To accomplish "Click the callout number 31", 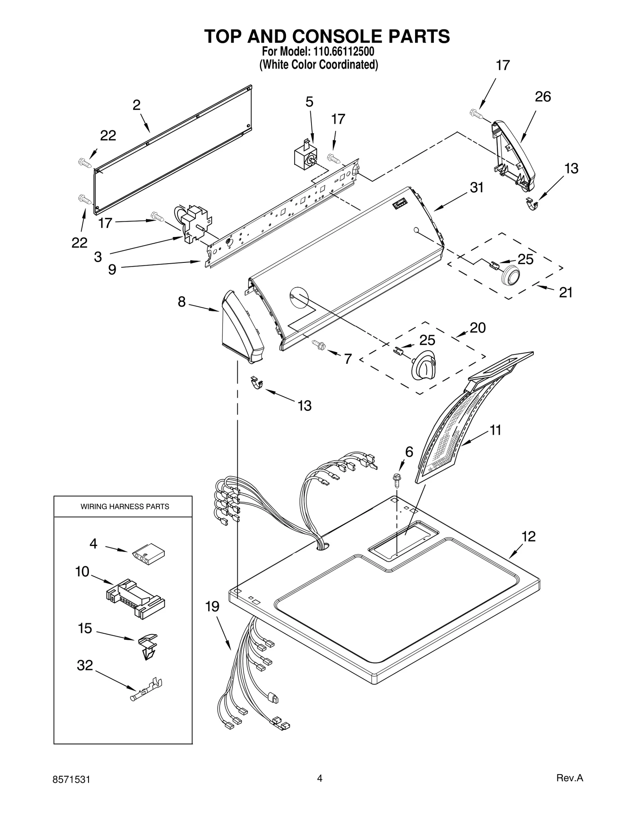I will click(477, 187).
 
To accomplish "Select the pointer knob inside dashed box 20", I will click(424, 363).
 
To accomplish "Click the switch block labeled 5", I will click(305, 156).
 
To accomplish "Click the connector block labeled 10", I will click(136, 598).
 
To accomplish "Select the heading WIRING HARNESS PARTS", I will click(125, 506).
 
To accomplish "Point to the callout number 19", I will click(212, 607).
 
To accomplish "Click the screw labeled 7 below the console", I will click(319, 343).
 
